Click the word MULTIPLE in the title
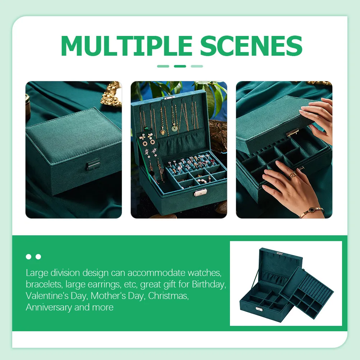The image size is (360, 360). (126, 46)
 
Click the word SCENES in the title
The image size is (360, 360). (251, 46)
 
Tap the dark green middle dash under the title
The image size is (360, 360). (180, 66)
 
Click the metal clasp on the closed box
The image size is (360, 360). (93, 165)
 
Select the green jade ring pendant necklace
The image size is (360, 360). (175, 128)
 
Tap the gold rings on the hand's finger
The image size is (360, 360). (293, 175)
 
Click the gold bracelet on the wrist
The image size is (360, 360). (311, 212)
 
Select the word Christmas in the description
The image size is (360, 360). (168, 296)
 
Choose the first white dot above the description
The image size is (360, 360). (28, 257)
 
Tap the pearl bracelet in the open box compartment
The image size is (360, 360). (201, 181)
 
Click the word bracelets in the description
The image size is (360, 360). (44, 285)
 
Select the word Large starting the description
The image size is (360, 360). (37, 273)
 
